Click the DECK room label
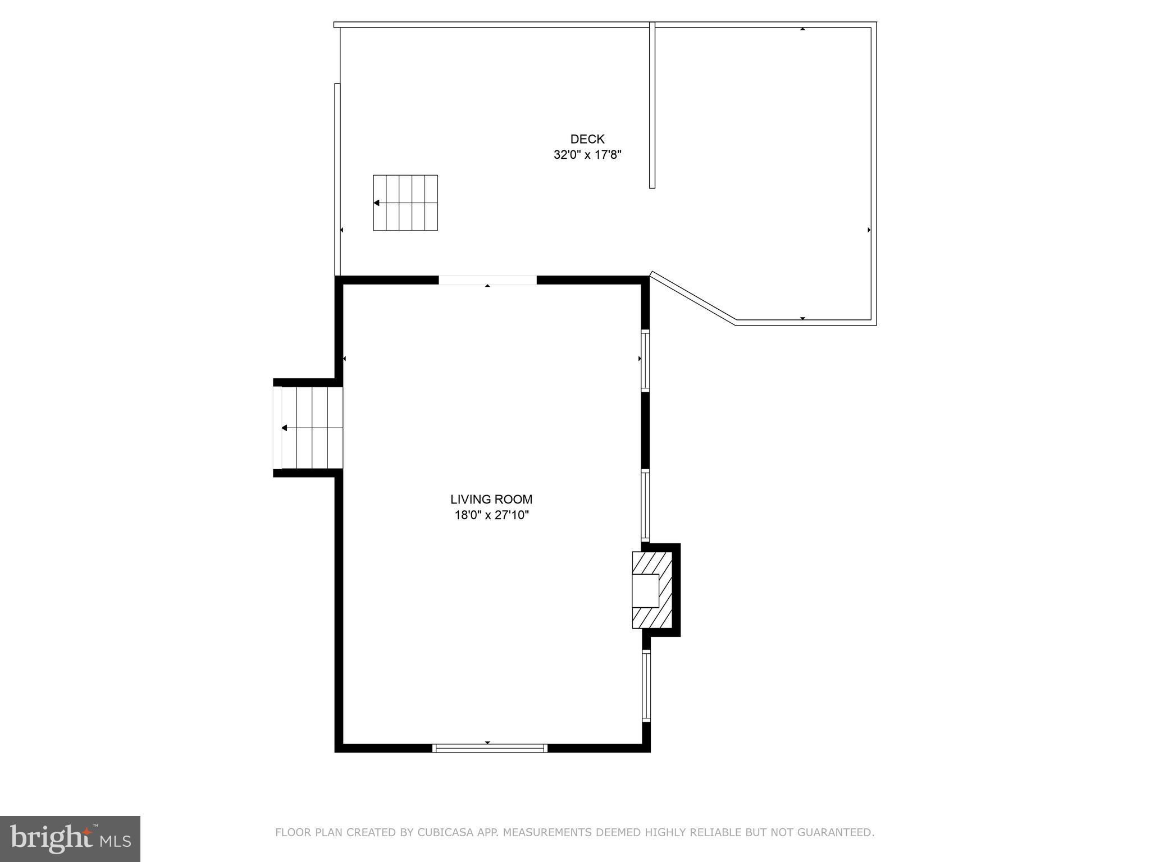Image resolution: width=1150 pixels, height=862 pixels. (x=587, y=139)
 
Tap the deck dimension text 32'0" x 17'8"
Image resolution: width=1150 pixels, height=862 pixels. (x=587, y=155)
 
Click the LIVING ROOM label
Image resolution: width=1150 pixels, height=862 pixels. (x=491, y=499)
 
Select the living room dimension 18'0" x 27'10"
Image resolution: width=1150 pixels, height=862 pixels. (x=491, y=515)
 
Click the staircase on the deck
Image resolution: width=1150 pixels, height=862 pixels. (x=405, y=203)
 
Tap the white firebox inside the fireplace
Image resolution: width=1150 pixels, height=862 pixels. (x=645, y=590)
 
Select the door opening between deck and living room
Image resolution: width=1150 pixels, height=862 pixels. (x=487, y=280)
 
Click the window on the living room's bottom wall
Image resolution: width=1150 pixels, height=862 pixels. (x=490, y=748)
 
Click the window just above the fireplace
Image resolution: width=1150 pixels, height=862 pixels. (x=646, y=505)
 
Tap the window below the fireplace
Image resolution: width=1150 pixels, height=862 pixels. (x=646, y=685)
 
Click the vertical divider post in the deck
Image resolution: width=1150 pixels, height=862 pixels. (x=652, y=105)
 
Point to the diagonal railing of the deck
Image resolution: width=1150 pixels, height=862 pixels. (x=693, y=297)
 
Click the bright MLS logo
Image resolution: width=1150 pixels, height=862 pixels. (x=70, y=838)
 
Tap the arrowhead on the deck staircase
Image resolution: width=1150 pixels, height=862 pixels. (x=377, y=203)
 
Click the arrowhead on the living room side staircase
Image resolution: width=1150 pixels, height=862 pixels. (x=285, y=428)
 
